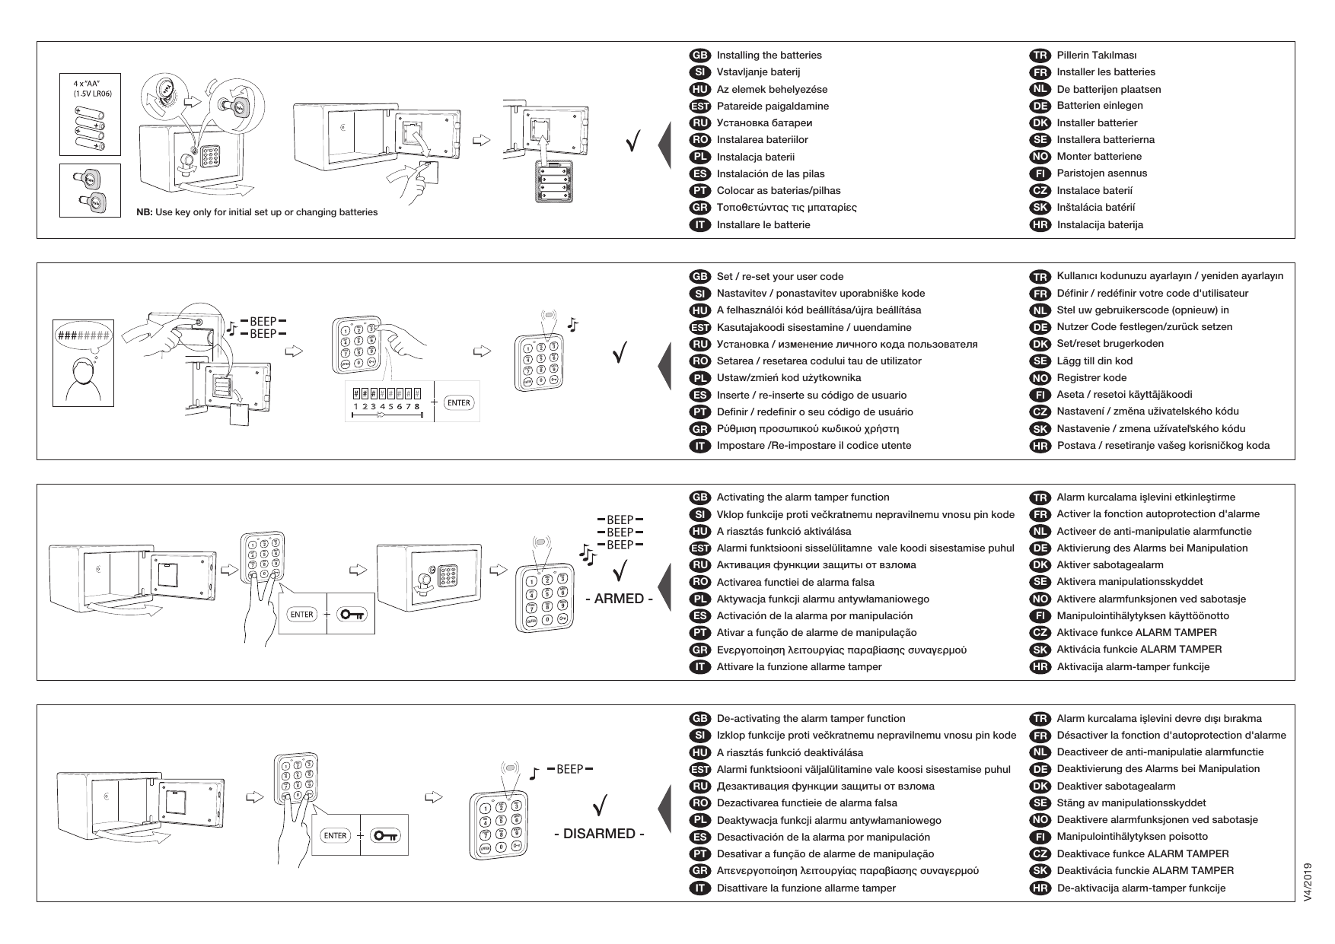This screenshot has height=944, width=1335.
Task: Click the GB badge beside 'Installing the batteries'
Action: (x=699, y=55)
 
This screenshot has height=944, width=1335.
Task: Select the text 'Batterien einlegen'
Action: (x=1099, y=106)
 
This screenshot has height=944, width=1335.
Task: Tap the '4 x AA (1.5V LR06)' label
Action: (x=91, y=87)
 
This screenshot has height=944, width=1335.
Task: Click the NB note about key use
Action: (x=256, y=212)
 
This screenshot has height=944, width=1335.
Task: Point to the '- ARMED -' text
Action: (x=619, y=599)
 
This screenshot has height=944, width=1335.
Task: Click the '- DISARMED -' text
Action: (x=599, y=834)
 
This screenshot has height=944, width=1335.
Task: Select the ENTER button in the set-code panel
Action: (x=459, y=402)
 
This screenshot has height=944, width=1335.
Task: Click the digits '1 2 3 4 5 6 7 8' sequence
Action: (x=386, y=406)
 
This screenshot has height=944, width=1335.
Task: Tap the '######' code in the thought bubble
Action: (x=83, y=334)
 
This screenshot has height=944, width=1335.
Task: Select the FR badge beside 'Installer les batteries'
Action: (x=1039, y=72)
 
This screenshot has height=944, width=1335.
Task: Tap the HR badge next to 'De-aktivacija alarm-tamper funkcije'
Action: (x=1039, y=888)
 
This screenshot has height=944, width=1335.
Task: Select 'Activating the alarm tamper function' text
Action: (x=802, y=497)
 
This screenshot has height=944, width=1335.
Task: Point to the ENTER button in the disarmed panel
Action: (x=336, y=835)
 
